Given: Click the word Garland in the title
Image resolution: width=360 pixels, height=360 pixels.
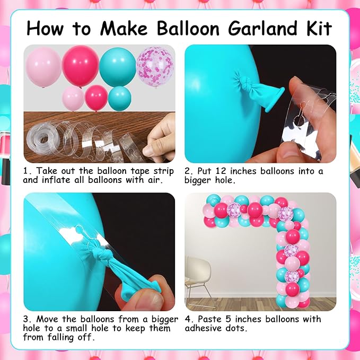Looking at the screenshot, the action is coord(262,28).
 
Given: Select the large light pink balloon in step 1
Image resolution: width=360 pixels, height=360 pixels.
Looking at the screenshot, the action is coord(43,67).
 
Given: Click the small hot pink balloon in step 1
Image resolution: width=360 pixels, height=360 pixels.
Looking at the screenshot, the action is coord(96,98).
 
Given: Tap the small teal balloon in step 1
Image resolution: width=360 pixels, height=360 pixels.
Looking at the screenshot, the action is coord(120,98).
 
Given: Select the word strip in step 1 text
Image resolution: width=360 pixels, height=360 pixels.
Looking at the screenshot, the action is coord(164,172).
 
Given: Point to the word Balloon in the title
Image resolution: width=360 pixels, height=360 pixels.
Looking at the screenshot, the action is coord(188,28).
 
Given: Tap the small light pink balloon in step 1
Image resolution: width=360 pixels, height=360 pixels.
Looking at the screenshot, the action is coord(73,98).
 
